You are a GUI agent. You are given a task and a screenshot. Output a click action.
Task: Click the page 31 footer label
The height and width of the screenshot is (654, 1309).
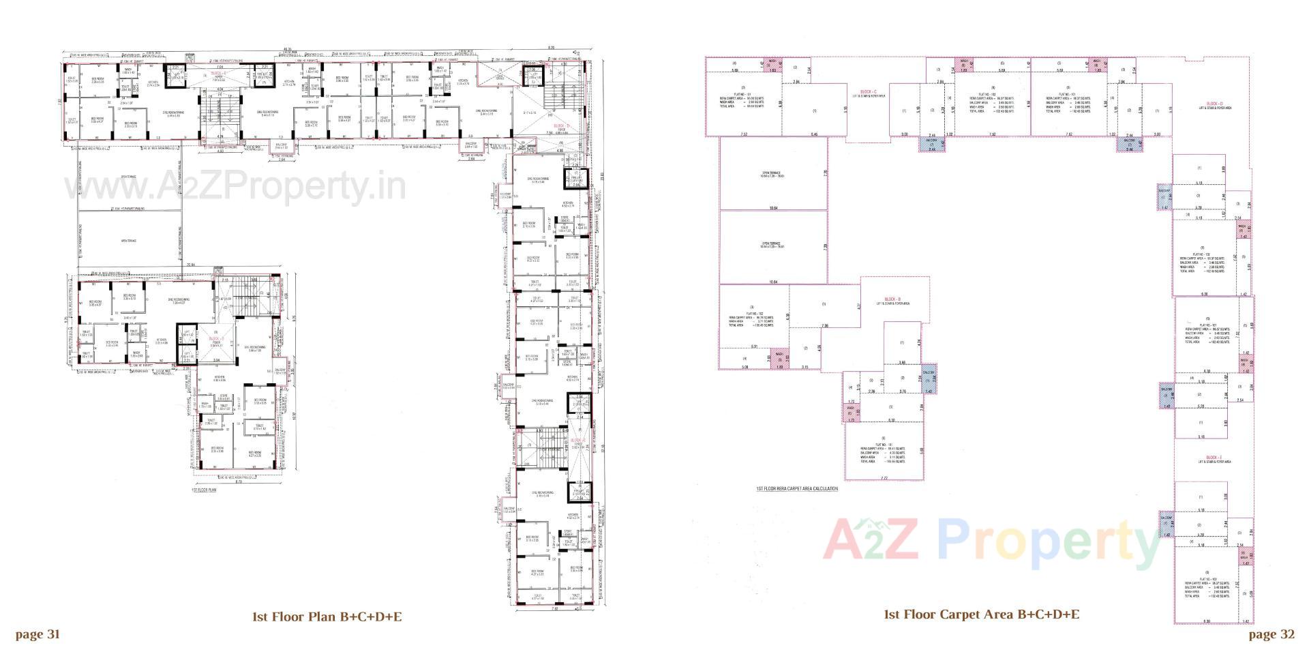[37, 634]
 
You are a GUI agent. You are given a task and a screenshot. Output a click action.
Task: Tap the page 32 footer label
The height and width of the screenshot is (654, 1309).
[1272, 634]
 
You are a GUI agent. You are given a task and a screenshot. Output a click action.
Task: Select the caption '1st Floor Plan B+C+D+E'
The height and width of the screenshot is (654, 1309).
[327, 617]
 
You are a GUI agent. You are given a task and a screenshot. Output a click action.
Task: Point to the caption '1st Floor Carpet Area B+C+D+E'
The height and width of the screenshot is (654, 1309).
[981, 614]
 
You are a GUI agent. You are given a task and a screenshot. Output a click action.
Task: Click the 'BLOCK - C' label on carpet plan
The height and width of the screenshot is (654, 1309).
[868, 92]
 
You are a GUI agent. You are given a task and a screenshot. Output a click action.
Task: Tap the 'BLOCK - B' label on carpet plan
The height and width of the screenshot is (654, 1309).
[892, 300]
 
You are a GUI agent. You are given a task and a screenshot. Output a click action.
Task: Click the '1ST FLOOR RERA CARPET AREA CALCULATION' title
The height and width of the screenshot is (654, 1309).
[796, 489]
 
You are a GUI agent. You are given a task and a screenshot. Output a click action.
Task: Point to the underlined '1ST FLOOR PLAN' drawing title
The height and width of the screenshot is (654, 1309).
[204, 490]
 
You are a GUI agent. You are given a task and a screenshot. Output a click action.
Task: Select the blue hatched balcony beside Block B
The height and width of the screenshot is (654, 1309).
[929, 383]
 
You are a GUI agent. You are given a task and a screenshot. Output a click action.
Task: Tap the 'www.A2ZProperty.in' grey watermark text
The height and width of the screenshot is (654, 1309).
[235, 185]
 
